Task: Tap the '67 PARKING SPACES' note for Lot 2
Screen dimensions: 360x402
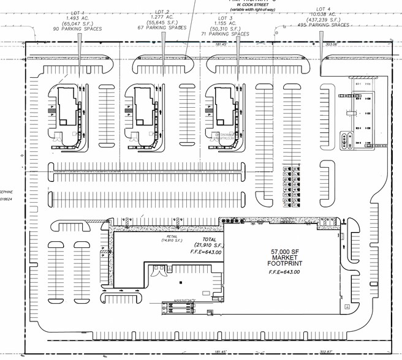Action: tap(162, 28)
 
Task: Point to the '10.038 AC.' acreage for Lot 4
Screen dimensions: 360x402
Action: tap(323, 13)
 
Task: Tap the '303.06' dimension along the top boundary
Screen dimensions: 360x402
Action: tap(332, 44)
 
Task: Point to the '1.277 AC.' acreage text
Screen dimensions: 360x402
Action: tap(162, 17)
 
